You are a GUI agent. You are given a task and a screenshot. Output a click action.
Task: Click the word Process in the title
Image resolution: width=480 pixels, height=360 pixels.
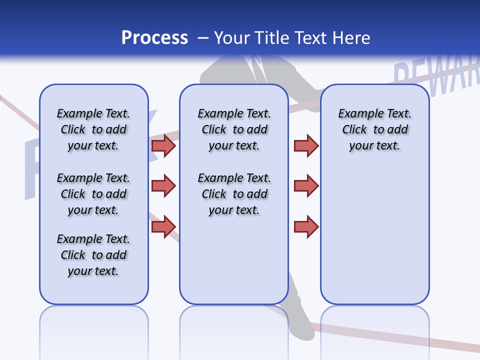pyautogui.click(x=154, y=38)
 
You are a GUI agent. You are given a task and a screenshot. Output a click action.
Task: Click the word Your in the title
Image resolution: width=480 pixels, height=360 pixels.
pyautogui.click(x=233, y=38)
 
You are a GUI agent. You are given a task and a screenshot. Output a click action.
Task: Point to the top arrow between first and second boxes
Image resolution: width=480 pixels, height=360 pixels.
pyautogui.click(x=163, y=145)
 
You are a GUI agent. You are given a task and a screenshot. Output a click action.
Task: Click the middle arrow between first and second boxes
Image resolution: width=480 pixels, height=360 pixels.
pyautogui.click(x=163, y=186)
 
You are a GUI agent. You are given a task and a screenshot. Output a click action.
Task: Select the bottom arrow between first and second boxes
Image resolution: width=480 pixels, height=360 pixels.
pyautogui.click(x=163, y=226)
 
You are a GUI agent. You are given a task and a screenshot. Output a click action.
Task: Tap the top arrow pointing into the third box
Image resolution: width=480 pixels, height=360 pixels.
pyautogui.click(x=306, y=145)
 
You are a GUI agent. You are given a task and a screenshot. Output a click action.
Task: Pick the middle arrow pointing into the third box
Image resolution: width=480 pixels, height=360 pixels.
pyautogui.click(x=306, y=186)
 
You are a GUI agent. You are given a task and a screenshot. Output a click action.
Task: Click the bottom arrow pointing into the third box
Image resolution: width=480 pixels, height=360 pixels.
pyautogui.click(x=306, y=226)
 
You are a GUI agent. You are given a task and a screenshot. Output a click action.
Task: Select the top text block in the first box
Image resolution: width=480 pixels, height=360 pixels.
pyautogui.click(x=93, y=129)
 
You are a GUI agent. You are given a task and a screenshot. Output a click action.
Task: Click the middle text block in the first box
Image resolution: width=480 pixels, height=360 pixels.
pyautogui.click(x=93, y=194)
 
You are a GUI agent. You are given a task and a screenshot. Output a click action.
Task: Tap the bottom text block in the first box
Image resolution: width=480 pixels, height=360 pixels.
pyautogui.click(x=93, y=255)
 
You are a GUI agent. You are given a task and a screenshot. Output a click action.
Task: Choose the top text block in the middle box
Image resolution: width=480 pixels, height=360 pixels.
pyautogui.click(x=234, y=129)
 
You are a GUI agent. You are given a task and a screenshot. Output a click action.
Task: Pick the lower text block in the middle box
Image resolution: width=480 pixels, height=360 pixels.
pyautogui.click(x=234, y=194)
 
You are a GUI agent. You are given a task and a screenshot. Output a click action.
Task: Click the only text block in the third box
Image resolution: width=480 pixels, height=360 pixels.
pyautogui.click(x=374, y=129)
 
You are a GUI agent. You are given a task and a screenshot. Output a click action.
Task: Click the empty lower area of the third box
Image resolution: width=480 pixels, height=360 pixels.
pyautogui.click(x=374, y=240)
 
